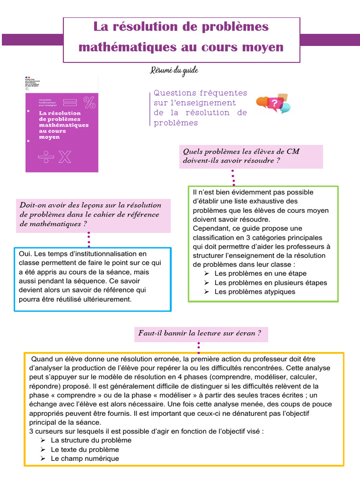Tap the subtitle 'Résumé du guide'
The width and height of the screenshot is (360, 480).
[174, 70]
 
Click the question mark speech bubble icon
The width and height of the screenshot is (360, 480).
[274, 103]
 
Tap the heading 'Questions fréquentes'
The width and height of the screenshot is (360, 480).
[200, 93]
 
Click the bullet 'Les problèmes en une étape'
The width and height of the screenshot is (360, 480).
[260, 273]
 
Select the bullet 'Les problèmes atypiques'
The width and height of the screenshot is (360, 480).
[255, 292]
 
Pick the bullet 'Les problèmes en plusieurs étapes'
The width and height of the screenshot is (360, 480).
[270, 283]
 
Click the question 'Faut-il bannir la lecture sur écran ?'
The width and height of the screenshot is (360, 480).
[200, 333]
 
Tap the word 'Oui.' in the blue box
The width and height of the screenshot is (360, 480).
[25, 254]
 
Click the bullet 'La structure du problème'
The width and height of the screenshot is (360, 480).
[91, 440]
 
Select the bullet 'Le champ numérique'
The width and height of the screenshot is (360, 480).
[85, 458]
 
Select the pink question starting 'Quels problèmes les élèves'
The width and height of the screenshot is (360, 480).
[252, 156]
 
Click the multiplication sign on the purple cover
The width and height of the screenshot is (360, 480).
[64, 157]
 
